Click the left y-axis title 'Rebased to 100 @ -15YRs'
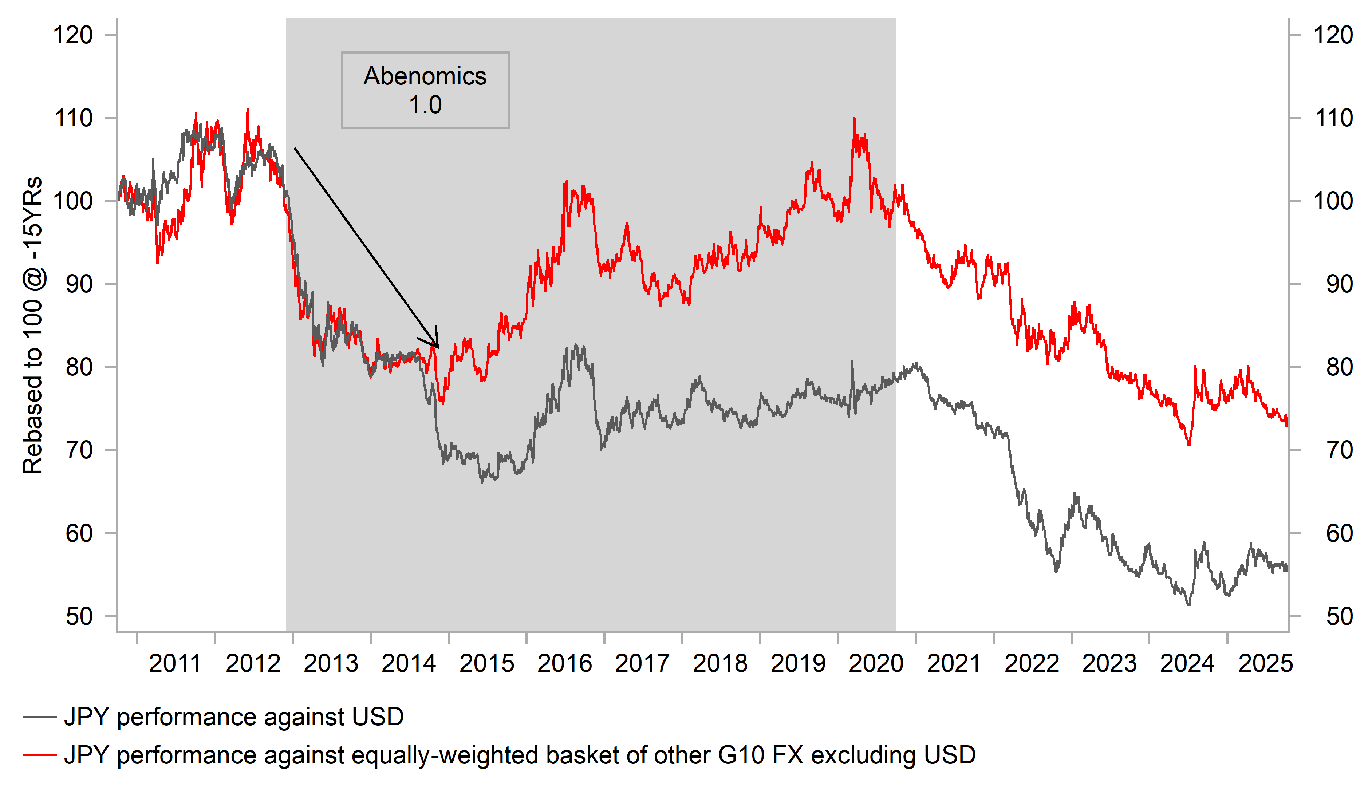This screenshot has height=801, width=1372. tap(33, 325)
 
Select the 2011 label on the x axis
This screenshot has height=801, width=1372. tap(175, 663)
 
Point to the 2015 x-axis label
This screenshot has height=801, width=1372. tap(486, 663)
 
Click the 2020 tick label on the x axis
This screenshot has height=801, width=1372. tap(875, 663)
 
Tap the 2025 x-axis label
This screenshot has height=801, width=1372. tap(1265, 663)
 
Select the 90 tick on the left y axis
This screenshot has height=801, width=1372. tap(79, 284)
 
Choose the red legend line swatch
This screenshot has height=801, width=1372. tap(40, 755)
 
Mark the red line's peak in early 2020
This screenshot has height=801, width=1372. tap(854, 118)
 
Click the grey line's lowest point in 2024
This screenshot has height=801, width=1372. tap(1188, 604)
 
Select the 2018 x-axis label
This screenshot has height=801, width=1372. tap(720, 663)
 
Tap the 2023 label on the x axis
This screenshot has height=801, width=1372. tap(1109, 663)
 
